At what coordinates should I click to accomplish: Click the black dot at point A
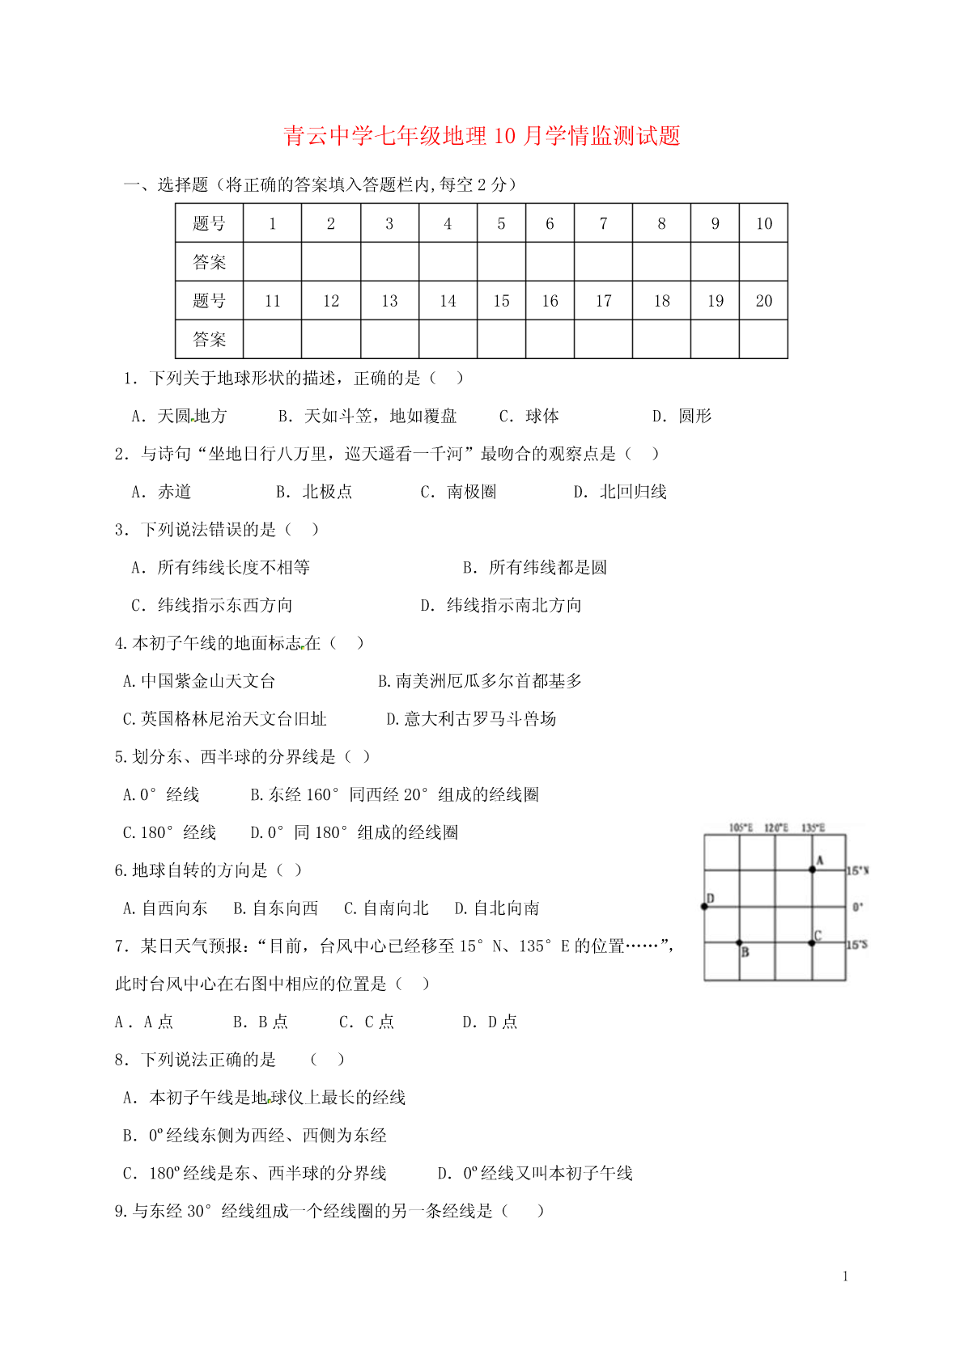tap(813, 870)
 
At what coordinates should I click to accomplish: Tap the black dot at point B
tap(739, 942)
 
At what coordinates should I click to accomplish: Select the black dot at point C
tap(812, 942)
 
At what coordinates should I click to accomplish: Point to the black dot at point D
tap(704, 906)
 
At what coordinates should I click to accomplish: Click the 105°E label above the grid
tap(741, 828)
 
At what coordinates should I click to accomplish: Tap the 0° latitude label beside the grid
tap(858, 907)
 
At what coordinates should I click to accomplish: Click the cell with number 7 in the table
tap(603, 223)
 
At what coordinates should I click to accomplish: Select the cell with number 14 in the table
tap(448, 301)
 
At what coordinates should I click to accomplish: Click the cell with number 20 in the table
tap(763, 301)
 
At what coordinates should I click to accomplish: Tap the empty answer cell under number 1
tap(272, 262)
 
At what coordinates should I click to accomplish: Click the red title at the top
tap(482, 136)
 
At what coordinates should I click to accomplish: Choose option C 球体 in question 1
tap(529, 416)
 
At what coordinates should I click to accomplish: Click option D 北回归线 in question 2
tap(620, 492)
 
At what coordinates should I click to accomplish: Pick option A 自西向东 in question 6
tap(165, 908)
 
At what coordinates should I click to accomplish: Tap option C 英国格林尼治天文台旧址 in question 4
tap(224, 719)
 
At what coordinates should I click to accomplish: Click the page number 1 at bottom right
tap(846, 1276)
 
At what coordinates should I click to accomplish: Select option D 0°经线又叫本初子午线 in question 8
tap(535, 1173)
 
